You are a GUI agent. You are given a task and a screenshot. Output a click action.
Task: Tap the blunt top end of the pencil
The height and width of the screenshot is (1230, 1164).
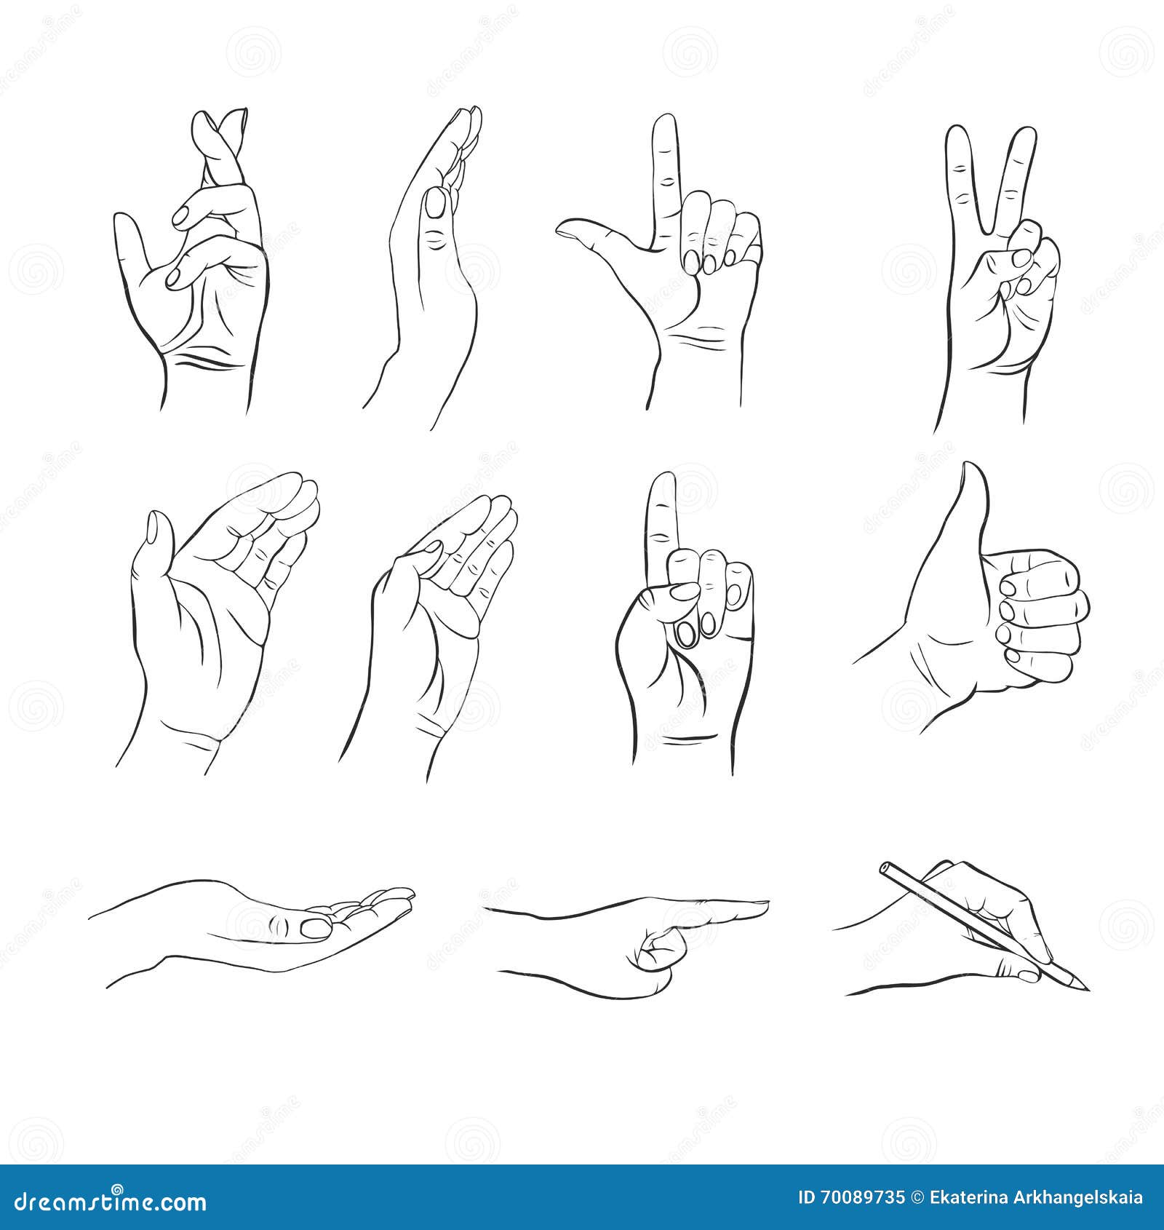pyautogui.click(x=885, y=868)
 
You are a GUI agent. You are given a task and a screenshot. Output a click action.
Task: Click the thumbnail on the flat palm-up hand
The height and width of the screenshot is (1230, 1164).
pyautogui.click(x=316, y=927)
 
